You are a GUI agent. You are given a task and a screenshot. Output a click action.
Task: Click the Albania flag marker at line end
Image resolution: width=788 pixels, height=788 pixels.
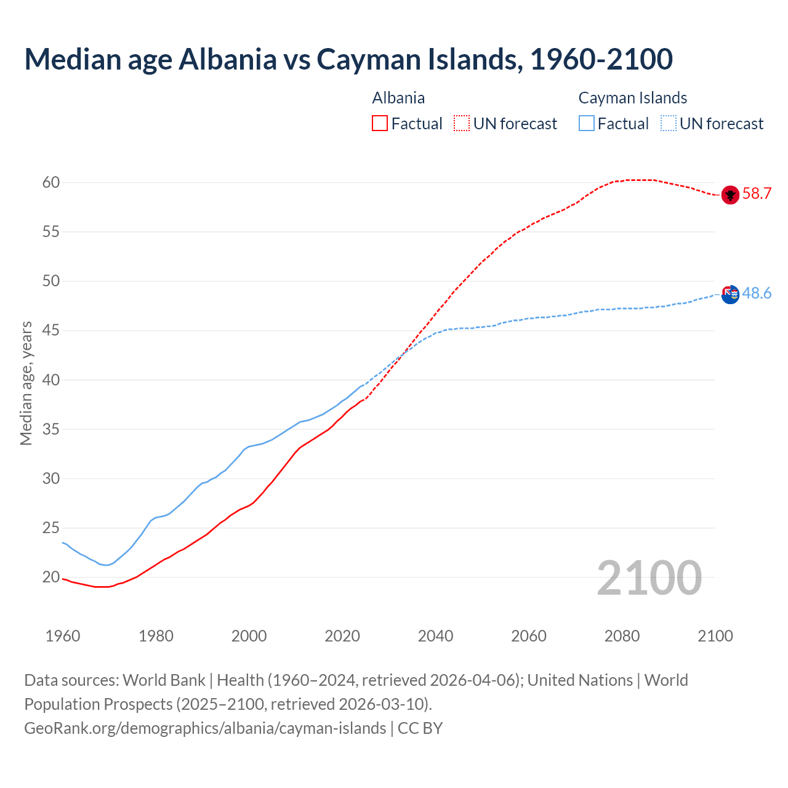click(730, 195)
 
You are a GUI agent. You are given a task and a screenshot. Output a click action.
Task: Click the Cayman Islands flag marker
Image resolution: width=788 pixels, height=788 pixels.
click(730, 295)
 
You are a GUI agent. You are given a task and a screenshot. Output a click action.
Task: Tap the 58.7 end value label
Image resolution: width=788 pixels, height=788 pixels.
click(757, 194)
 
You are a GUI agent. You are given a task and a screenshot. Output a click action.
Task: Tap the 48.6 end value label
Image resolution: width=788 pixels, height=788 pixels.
click(757, 294)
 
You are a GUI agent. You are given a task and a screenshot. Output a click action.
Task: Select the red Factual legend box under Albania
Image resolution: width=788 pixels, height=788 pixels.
click(380, 124)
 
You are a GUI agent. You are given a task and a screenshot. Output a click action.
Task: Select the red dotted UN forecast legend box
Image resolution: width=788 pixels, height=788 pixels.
click(462, 124)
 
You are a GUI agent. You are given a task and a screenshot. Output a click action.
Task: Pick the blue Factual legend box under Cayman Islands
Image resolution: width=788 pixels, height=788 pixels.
click(587, 124)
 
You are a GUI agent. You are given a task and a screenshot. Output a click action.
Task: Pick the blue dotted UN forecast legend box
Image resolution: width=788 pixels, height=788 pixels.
click(668, 124)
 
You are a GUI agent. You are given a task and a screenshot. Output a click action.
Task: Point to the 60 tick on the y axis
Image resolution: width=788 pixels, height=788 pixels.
click(51, 183)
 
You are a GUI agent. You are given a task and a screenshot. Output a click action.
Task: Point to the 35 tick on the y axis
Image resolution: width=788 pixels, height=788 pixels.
click(51, 429)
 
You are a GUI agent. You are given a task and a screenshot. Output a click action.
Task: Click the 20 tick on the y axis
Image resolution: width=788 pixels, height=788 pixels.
click(51, 577)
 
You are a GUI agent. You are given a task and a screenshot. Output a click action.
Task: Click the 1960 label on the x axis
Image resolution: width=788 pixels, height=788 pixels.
click(63, 636)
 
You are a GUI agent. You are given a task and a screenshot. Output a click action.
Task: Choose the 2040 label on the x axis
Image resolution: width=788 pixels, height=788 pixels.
click(435, 636)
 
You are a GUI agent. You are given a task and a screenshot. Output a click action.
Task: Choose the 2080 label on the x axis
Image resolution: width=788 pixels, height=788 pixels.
click(622, 636)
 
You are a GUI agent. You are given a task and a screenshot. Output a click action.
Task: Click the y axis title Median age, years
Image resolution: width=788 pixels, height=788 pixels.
click(26, 383)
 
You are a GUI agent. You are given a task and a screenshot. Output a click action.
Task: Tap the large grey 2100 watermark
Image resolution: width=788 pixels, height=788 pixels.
click(649, 578)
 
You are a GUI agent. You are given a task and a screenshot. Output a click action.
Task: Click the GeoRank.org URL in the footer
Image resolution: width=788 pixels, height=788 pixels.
click(205, 728)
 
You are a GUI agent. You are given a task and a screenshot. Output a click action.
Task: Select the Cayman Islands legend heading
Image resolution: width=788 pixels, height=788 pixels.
click(632, 98)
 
